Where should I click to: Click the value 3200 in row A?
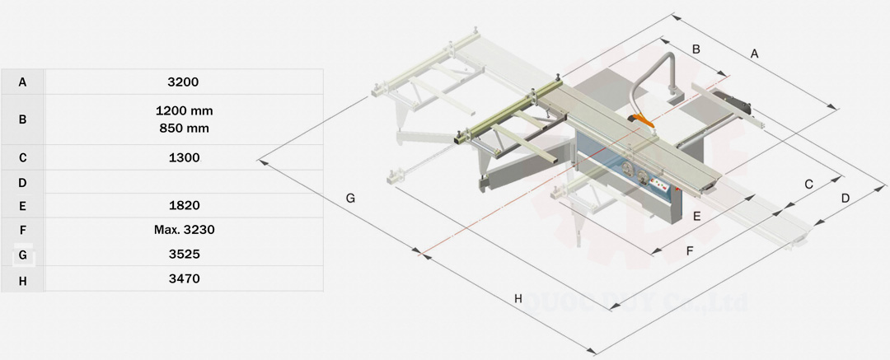click(183, 82)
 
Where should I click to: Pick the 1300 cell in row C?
click(183, 157)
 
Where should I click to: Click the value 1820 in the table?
click(183, 205)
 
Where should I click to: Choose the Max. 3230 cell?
click(184, 230)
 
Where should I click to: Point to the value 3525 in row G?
click(183, 255)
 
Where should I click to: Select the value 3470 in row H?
click(183, 279)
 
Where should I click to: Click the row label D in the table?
click(22, 182)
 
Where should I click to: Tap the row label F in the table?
click(22, 230)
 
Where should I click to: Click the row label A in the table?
click(22, 82)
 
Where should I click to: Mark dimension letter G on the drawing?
click(350, 198)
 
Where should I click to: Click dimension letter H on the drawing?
click(518, 298)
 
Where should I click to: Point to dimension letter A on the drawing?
click(754, 54)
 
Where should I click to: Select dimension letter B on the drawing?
click(696, 49)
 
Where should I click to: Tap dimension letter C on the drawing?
click(808, 185)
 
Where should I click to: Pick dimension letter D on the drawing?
click(845, 199)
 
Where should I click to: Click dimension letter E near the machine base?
click(696, 217)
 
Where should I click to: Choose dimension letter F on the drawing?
click(690, 250)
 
